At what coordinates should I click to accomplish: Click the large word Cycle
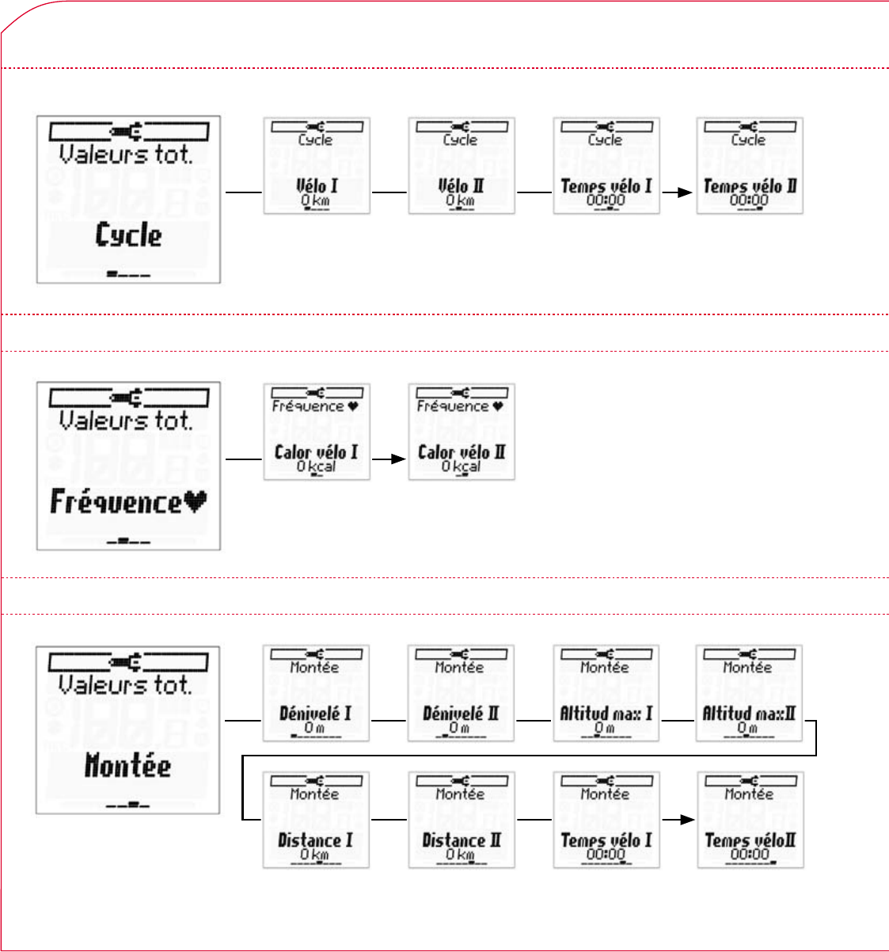(128, 235)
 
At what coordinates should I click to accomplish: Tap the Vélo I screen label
(316, 187)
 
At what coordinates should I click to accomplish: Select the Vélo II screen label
(461, 187)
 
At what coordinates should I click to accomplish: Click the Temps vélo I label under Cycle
(606, 187)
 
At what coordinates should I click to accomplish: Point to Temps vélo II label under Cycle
(750, 187)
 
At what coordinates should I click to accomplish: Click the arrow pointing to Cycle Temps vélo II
(678, 192)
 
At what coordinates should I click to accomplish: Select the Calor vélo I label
(316, 453)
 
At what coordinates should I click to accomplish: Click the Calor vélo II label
(461, 453)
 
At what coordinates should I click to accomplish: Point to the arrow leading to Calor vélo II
(389, 458)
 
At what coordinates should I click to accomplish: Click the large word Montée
(127, 766)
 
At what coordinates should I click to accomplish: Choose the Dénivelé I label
(315, 714)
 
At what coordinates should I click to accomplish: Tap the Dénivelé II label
(461, 714)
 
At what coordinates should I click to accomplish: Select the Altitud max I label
(606, 714)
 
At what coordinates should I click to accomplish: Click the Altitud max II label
(749, 714)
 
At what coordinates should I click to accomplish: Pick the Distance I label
(315, 841)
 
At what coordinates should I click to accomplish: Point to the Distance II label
(461, 841)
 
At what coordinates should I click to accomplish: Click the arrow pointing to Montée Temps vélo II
(678, 819)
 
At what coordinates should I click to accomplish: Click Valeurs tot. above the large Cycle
(127, 154)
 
